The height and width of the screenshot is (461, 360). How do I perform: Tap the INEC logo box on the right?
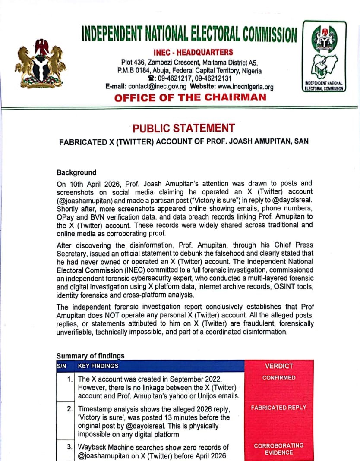tap(324, 56)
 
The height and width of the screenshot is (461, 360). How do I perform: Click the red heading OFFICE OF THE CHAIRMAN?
tap(190, 97)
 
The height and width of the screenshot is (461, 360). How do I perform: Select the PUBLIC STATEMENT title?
tap(183, 128)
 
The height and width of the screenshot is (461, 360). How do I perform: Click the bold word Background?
tap(76, 173)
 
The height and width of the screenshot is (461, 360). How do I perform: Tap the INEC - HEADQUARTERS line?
tap(193, 53)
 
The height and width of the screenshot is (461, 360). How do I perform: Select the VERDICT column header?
tap(279, 366)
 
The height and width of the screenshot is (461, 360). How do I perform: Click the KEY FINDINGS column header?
tap(98, 366)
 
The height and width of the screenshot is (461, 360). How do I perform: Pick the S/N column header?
tap(61, 366)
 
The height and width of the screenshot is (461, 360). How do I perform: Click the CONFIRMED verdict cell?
tap(279, 378)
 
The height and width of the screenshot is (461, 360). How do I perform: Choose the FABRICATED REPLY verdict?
tap(279, 407)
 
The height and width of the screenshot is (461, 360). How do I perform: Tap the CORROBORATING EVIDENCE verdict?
tap(279, 449)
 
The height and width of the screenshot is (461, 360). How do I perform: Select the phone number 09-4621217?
tap(175, 78)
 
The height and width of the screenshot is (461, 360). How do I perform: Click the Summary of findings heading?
tap(90, 356)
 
